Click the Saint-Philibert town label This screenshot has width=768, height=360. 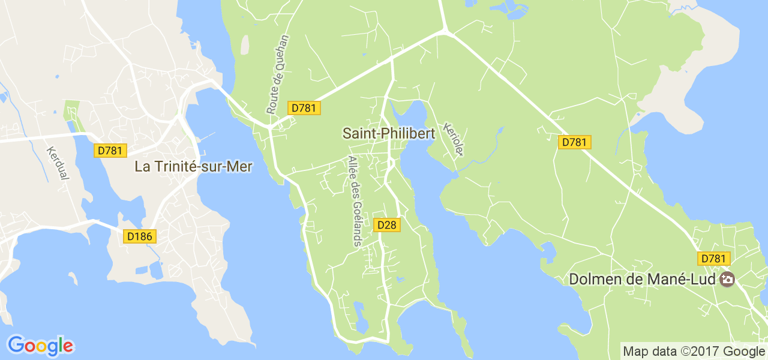388,133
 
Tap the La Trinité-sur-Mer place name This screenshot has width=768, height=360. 193,166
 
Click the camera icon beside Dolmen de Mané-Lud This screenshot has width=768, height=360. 727,279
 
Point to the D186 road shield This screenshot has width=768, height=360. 140,236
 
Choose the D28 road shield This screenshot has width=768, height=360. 386,225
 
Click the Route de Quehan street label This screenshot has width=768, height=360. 277,74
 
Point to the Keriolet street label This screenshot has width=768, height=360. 452,139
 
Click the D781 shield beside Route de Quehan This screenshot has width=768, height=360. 305,108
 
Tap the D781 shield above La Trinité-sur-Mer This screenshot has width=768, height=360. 110,151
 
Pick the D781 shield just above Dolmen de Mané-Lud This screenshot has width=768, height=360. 714,259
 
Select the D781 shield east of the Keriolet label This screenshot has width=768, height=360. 575,142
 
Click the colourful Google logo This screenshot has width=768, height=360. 40,346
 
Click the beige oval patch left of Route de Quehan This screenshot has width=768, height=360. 245,45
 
